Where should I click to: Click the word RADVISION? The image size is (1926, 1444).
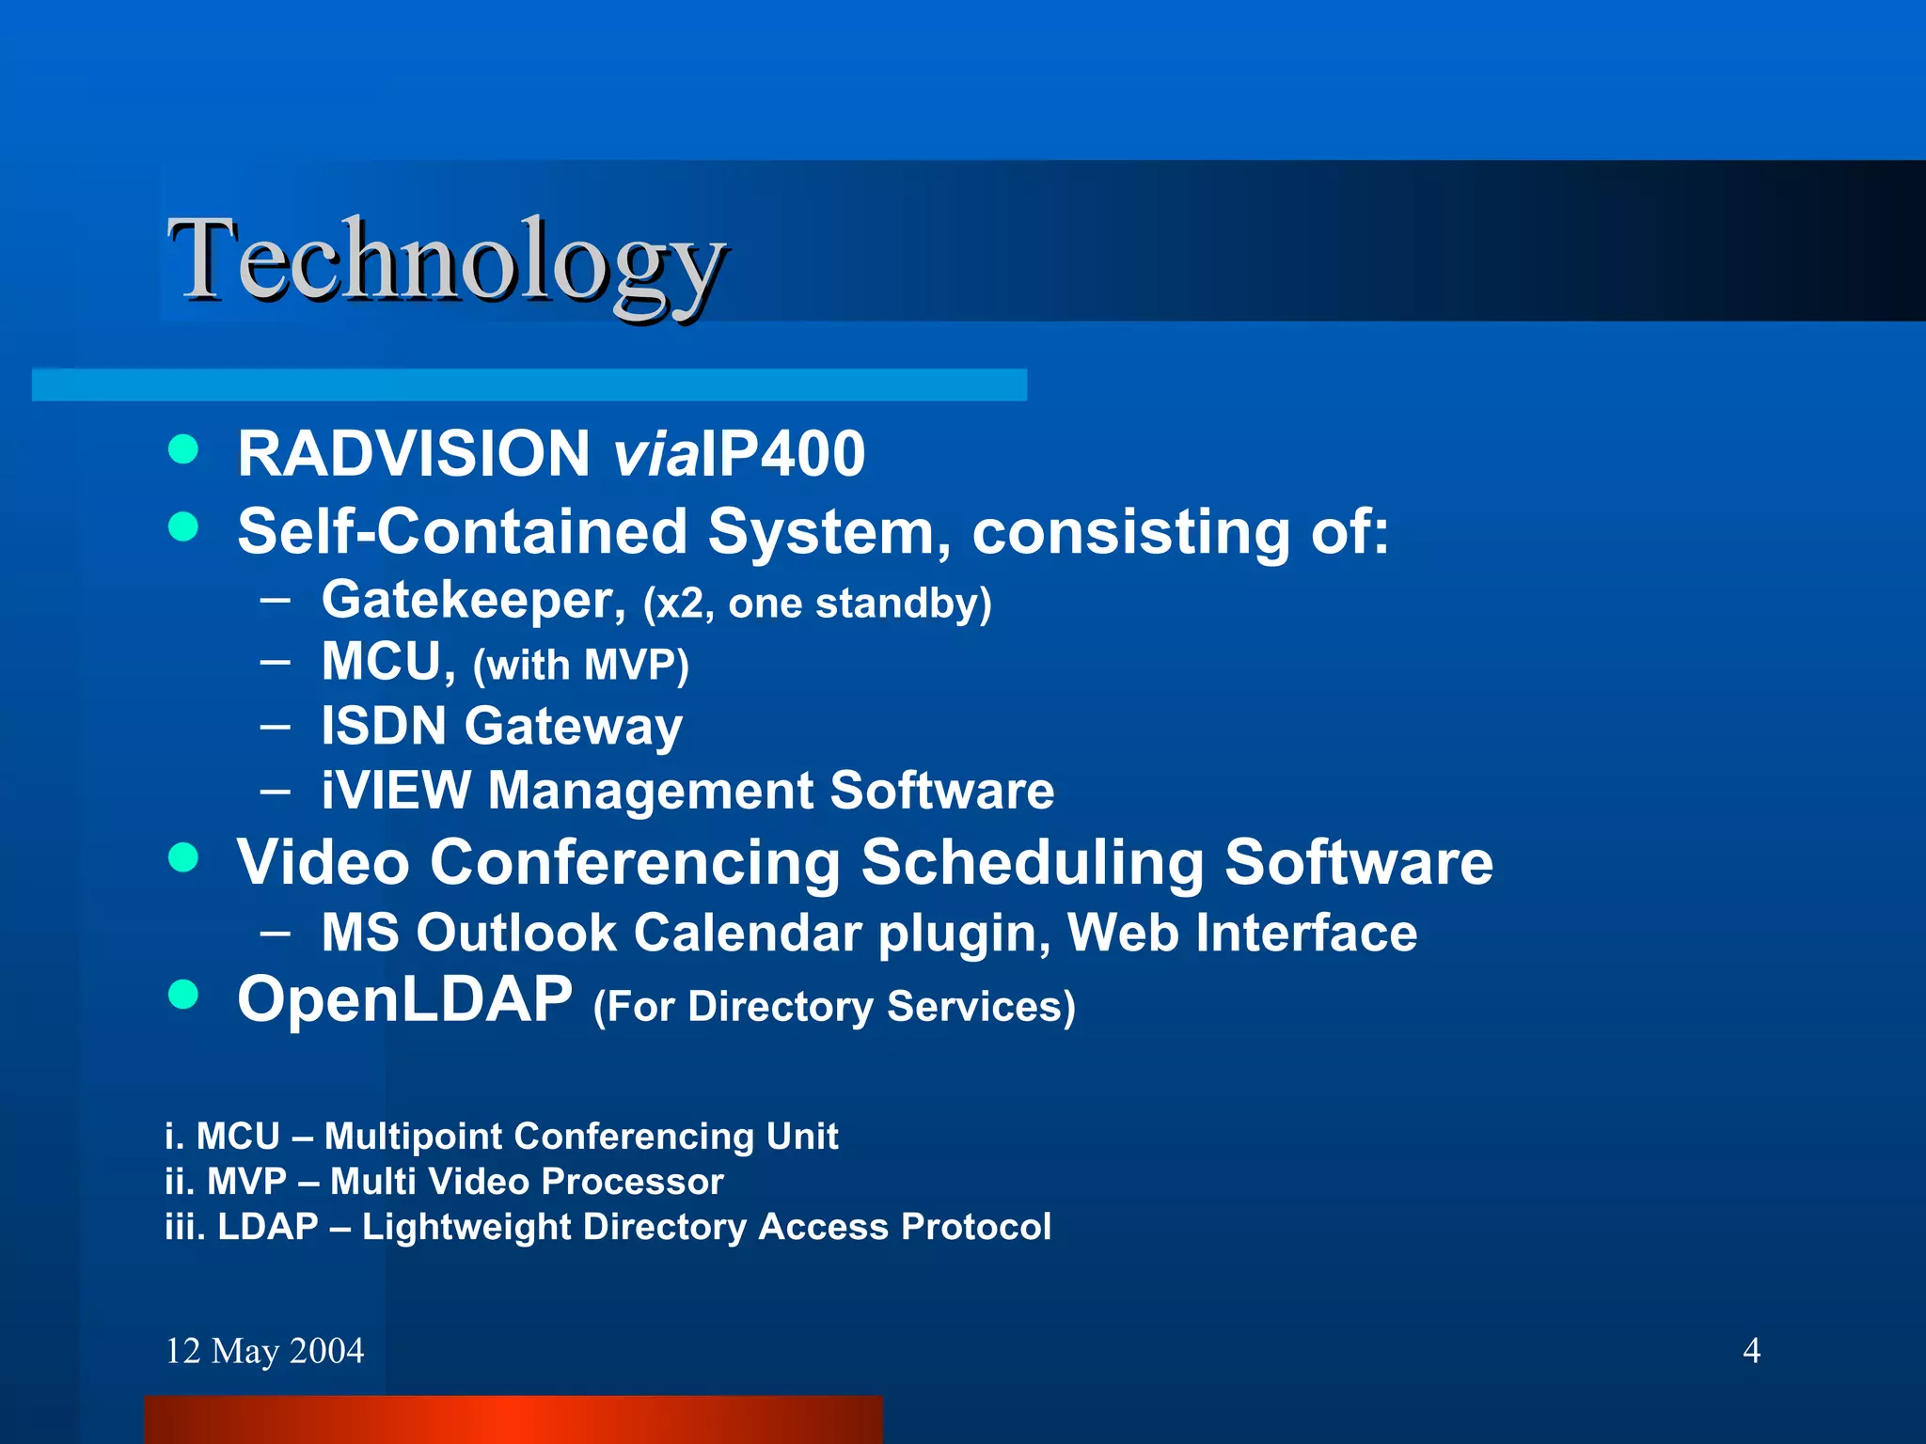click(x=414, y=454)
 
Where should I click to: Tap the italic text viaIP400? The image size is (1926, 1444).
click(x=738, y=454)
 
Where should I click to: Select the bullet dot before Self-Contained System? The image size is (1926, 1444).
click(x=183, y=526)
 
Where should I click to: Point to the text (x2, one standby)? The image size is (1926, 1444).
click(x=816, y=604)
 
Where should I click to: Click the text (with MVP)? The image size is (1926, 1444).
click(x=580, y=666)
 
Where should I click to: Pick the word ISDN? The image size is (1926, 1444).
click(x=383, y=726)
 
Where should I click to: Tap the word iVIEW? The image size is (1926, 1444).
click(x=395, y=790)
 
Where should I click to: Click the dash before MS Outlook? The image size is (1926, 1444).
click(x=276, y=933)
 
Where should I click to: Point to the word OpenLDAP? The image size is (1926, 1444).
click(x=404, y=998)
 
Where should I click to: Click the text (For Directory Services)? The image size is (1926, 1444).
click(x=833, y=1007)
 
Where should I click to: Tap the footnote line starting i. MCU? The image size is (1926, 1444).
click(x=500, y=1137)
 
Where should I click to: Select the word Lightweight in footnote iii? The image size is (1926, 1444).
click(x=466, y=1227)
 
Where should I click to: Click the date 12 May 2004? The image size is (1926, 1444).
click(x=264, y=1351)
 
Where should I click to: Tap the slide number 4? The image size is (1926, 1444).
click(x=1751, y=1351)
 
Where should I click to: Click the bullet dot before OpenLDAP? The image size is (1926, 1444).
click(x=183, y=994)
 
